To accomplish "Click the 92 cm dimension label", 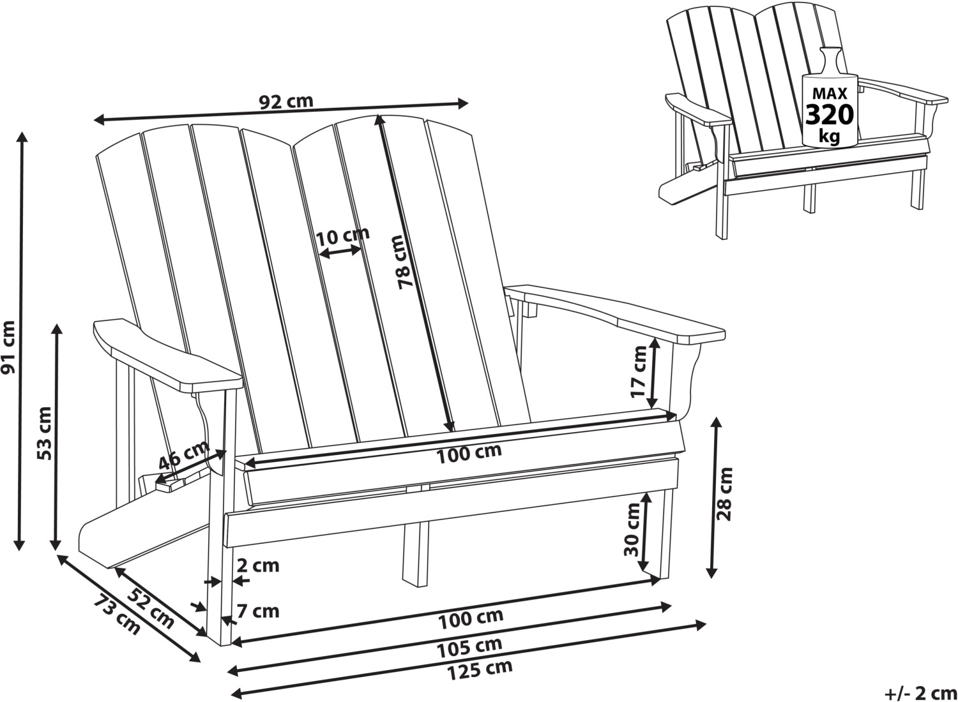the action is [x=285, y=101].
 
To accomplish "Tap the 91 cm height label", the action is [x=8, y=348].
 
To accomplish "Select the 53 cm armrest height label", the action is [x=45, y=433].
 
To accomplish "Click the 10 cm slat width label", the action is [x=342, y=235].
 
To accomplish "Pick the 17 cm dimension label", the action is [x=639, y=371].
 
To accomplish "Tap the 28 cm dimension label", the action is [x=725, y=493].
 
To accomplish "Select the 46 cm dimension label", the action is [x=183, y=455].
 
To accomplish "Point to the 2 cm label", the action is [x=258, y=565].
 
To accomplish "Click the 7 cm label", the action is [x=258, y=611].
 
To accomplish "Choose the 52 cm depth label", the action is [x=150, y=608].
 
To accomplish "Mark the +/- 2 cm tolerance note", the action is [x=920, y=692].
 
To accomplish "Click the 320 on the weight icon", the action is [x=830, y=115].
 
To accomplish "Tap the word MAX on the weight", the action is [x=829, y=94].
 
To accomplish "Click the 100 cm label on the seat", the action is [x=469, y=452].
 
